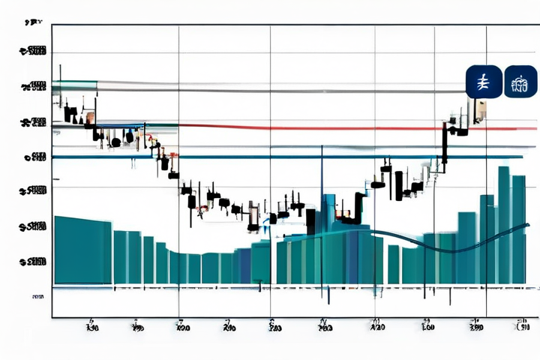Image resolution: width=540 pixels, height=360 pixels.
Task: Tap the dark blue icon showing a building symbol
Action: pos(520,82)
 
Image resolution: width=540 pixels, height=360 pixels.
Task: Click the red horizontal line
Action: pos(315,127)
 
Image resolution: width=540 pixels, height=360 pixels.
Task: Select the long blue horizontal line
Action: pos(300,157)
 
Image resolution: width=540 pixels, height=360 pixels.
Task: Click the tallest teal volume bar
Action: pos(504,225)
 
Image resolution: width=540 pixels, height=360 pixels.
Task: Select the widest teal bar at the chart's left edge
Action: pos(82,250)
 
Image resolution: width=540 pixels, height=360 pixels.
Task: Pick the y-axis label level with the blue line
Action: pos(35,157)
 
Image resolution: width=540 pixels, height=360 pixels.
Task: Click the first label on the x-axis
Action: pos(92,327)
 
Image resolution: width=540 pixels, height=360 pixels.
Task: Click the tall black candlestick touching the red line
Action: pos(445,144)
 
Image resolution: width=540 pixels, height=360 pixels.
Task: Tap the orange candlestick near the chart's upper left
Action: pos(90,118)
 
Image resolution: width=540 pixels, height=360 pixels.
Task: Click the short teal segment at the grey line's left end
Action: pos(70,83)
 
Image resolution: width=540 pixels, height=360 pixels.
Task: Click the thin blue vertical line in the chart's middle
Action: pos(322,225)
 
